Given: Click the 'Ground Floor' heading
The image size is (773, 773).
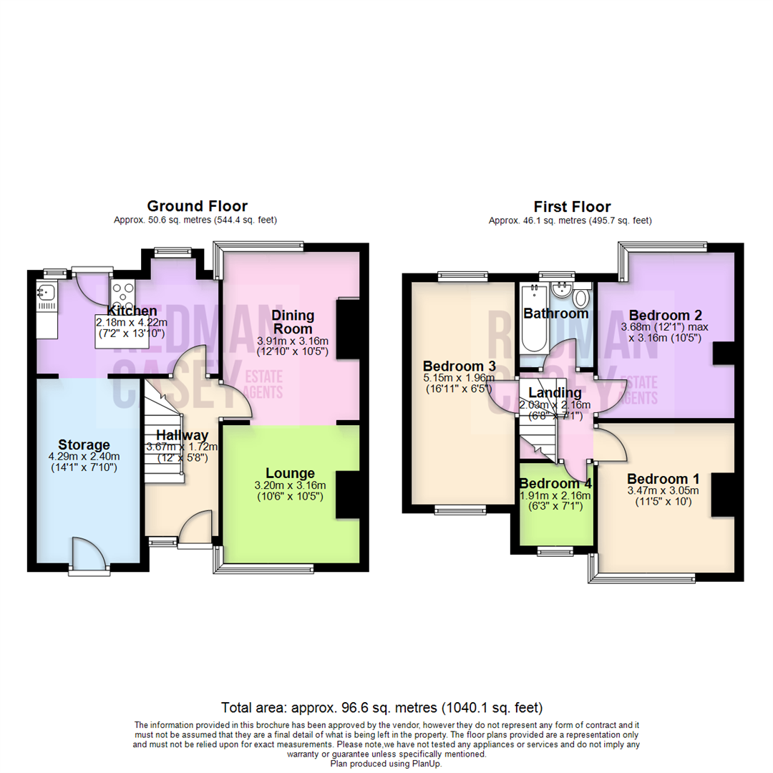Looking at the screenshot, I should pos(197,207).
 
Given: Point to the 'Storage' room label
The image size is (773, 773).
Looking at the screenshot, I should pos(84,444).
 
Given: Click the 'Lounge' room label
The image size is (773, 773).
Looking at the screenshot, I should pos(290,473).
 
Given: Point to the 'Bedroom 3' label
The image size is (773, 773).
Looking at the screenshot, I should pos(450,363).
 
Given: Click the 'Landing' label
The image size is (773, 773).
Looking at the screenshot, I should pos(555,392).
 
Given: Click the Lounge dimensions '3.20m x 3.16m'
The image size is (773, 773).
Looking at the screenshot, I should pos(290,485).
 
